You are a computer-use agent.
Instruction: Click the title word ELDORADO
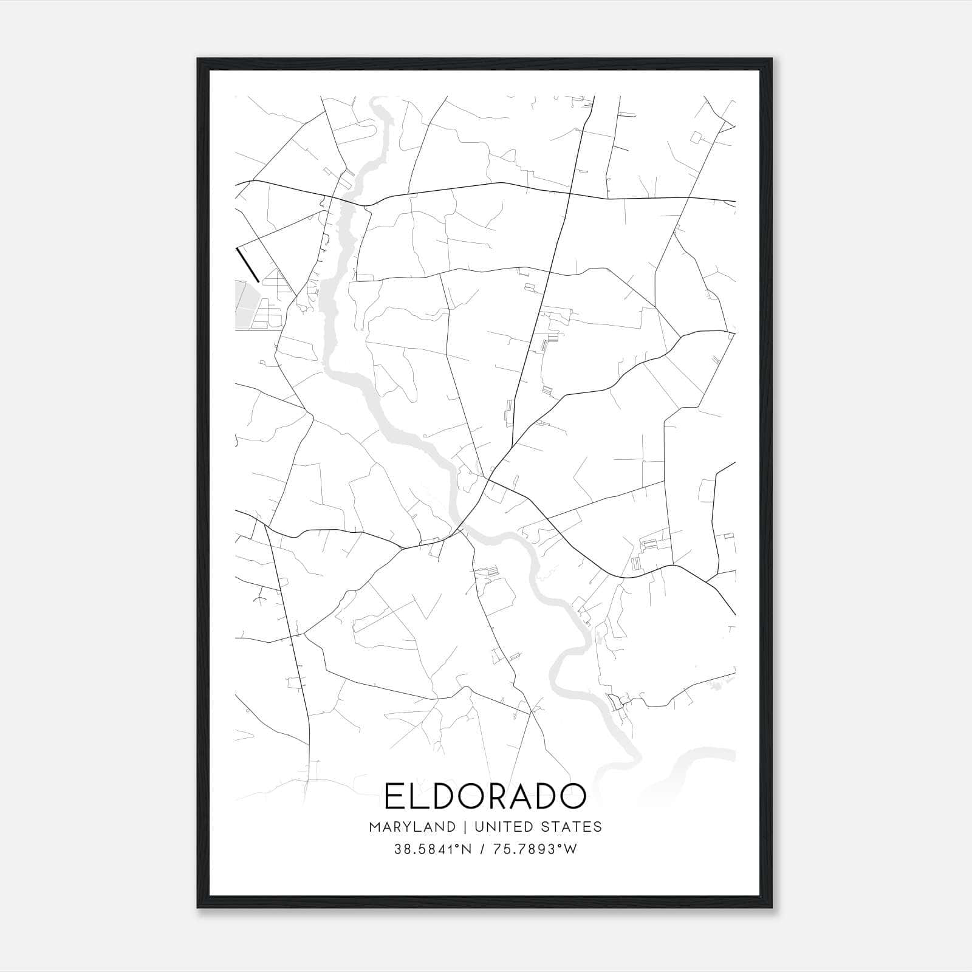tap(485, 796)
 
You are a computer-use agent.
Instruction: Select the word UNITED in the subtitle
tap(498, 827)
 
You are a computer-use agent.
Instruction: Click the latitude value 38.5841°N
tap(433, 849)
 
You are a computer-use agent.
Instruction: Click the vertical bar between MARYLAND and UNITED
tap(465, 827)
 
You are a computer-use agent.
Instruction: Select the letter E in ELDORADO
tap(395, 796)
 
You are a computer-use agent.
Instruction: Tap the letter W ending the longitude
tap(570, 849)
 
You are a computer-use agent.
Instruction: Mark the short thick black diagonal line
tap(248, 265)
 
